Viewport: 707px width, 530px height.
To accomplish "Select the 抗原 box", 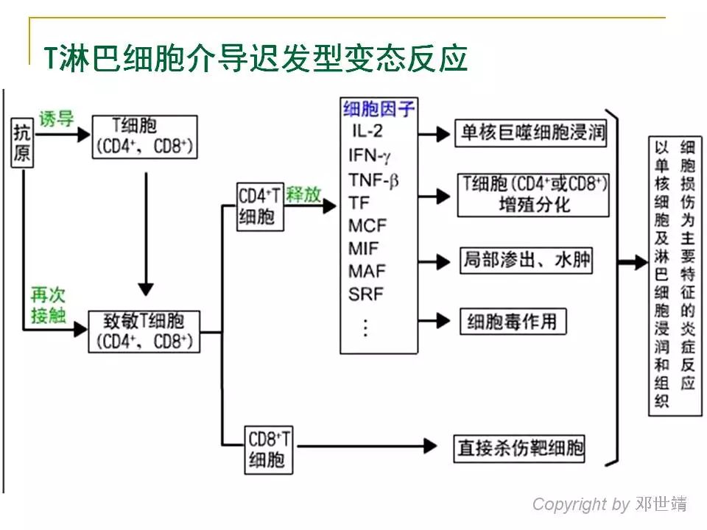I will coord(23,144).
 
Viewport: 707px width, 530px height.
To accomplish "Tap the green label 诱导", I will coord(57,119).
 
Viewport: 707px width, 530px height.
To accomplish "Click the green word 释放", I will coord(304,194).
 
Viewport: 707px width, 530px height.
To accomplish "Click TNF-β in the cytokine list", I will coord(373,179).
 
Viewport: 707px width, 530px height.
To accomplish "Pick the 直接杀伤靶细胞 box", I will coord(520,447).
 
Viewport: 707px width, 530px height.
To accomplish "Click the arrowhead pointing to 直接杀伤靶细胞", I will coord(432,445).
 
